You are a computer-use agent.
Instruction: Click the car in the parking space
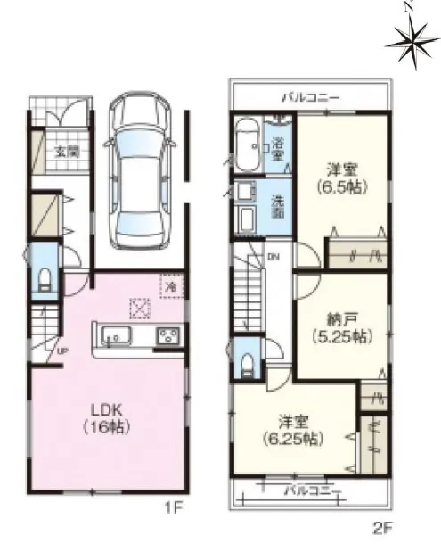coord(139,170)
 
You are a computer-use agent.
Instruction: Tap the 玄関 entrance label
coord(67,152)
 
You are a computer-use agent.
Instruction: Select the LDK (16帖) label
coord(107,418)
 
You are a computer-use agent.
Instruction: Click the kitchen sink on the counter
coord(116,336)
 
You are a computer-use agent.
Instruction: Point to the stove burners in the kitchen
coord(169,335)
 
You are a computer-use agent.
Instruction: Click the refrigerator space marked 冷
coord(171,285)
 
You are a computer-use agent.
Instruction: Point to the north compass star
coord(412,41)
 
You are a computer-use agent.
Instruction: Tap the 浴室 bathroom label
coord(277,150)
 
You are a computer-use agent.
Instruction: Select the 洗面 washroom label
coord(277,208)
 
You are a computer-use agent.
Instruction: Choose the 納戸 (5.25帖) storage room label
coord(342,327)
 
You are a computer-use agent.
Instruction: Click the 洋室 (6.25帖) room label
coord(293,431)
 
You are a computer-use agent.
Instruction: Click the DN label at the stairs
coord(274,257)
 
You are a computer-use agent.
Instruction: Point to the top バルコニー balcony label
coord(310,98)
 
